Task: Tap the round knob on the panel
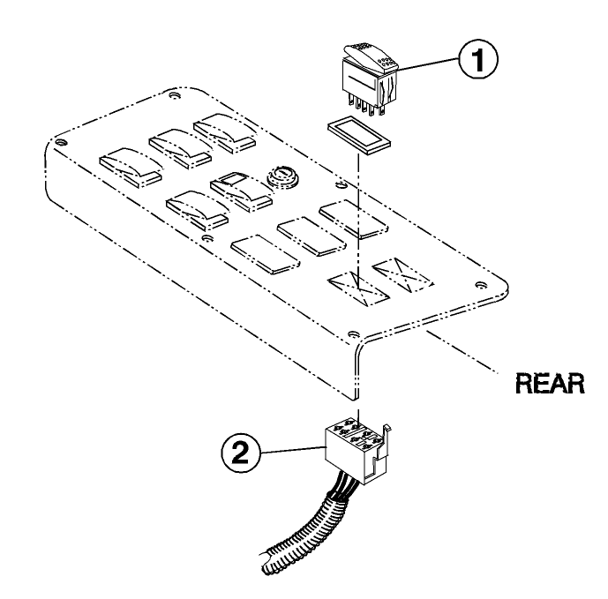point(281,176)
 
